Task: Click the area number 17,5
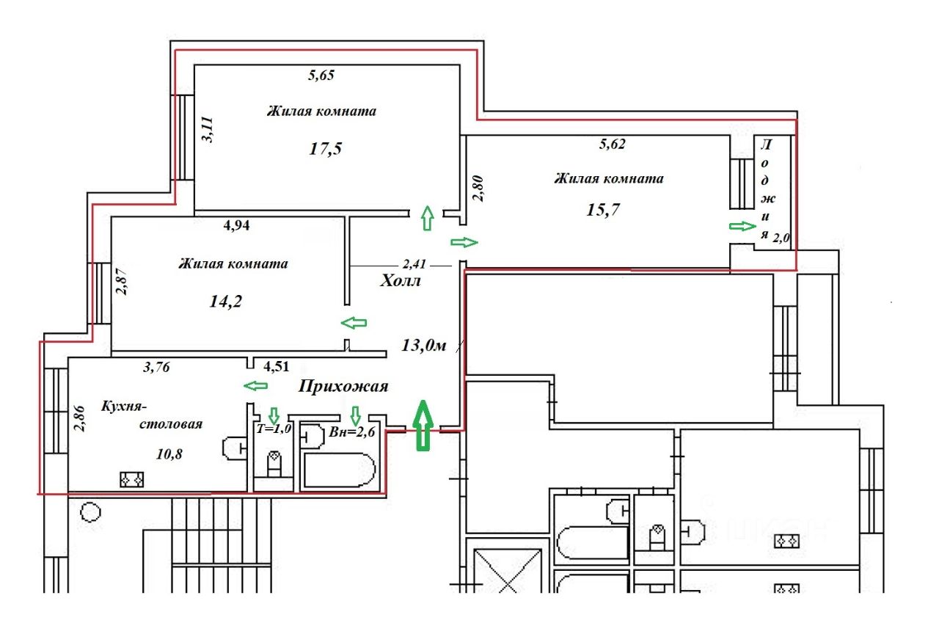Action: click(x=326, y=149)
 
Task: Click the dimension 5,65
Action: click(x=320, y=74)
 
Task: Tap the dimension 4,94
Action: click(x=237, y=225)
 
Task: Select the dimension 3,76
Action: click(x=155, y=368)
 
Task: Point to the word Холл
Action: click(x=399, y=280)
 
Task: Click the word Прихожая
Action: click(x=343, y=387)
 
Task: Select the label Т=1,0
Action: click(x=274, y=430)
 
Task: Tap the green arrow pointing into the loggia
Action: click(x=742, y=226)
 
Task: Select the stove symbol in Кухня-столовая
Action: click(x=133, y=479)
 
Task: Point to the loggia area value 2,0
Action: click(x=782, y=236)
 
